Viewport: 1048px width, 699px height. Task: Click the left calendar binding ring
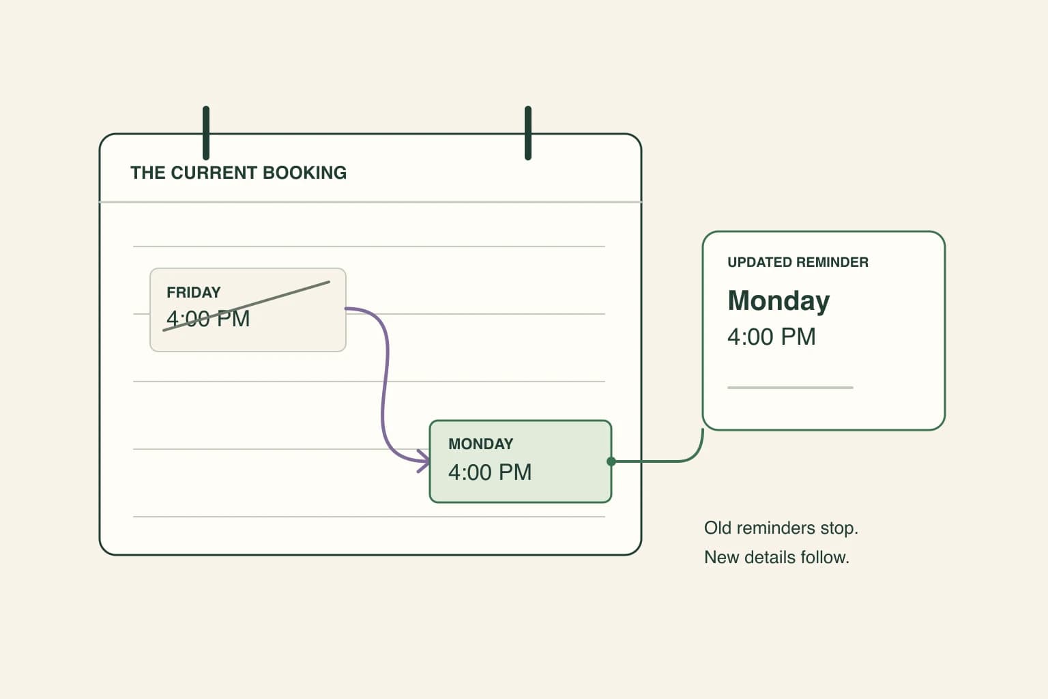pyautogui.click(x=206, y=133)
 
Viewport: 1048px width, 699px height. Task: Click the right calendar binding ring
pyautogui.click(x=527, y=133)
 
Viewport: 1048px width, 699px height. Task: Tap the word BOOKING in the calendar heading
pyautogui.click(x=304, y=173)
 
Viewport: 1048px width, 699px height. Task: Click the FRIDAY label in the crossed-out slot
pyautogui.click(x=193, y=292)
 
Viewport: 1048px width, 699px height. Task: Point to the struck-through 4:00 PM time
pyautogui.click(x=208, y=319)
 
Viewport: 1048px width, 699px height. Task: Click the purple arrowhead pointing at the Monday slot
pyautogui.click(x=424, y=461)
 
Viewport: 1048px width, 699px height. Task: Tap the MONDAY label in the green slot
pyautogui.click(x=480, y=444)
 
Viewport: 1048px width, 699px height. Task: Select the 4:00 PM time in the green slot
pyautogui.click(x=490, y=472)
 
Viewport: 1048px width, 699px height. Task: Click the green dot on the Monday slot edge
pyautogui.click(x=611, y=461)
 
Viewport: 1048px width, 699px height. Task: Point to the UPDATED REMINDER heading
pyautogui.click(x=798, y=262)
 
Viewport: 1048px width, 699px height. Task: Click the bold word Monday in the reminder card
pyautogui.click(x=778, y=301)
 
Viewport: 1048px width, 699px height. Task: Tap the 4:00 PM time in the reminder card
pyautogui.click(x=772, y=337)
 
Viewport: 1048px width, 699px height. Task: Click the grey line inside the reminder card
pyautogui.click(x=790, y=388)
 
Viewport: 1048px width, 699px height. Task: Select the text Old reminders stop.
pyautogui.click(x=781, y=528)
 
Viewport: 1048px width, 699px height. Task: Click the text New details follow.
pyautogui.click(x=776, y=558)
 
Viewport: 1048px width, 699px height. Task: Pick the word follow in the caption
pyautogui.click(x=825, y=558)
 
